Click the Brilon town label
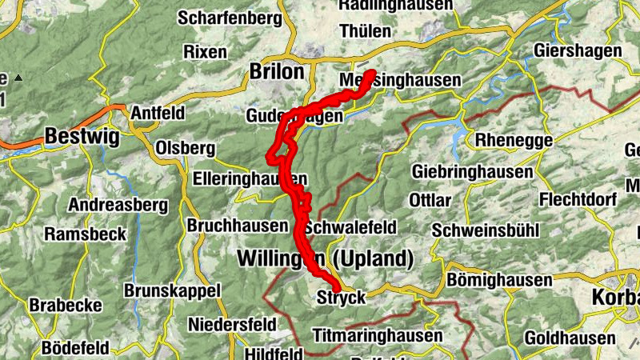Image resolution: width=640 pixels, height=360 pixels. [277, 72]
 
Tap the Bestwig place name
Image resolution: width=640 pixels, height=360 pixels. [82, 137]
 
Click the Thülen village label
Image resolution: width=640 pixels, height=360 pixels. [366, 32]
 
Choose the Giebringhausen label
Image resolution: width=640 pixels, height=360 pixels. [472, 172]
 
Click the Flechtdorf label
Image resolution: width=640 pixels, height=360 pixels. [579, 198]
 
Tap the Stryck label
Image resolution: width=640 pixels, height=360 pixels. [342, 298]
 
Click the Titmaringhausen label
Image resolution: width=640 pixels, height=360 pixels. [378, 334]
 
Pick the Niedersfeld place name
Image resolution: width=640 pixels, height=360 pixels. [233, 325]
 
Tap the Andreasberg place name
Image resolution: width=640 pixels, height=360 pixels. [118, 206]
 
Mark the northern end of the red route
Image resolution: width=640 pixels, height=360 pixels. [371, 74]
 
